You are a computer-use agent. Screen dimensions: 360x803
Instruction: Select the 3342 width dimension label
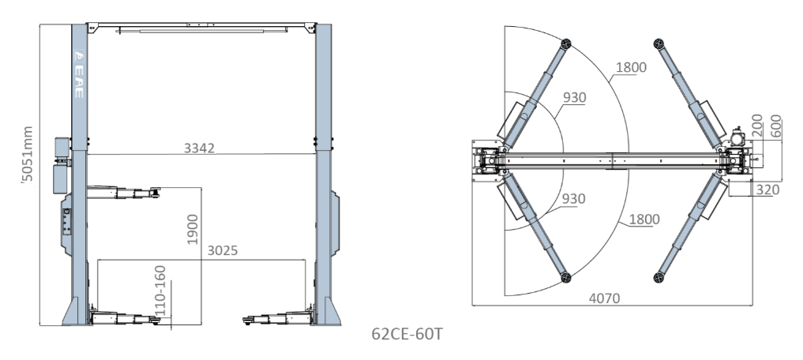[200, 148]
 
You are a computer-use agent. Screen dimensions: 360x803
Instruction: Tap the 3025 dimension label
[223, 252]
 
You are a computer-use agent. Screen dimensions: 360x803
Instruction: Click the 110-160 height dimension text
[163, 291]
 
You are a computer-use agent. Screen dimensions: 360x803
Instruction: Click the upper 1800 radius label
[631, 66]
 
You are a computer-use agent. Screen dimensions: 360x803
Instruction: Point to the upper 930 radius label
[575, 98]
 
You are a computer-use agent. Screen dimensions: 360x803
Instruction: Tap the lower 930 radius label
[575, 198]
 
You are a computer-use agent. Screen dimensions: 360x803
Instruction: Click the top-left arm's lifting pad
[565, 43]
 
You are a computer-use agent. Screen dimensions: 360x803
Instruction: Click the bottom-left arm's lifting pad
[565, 276]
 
